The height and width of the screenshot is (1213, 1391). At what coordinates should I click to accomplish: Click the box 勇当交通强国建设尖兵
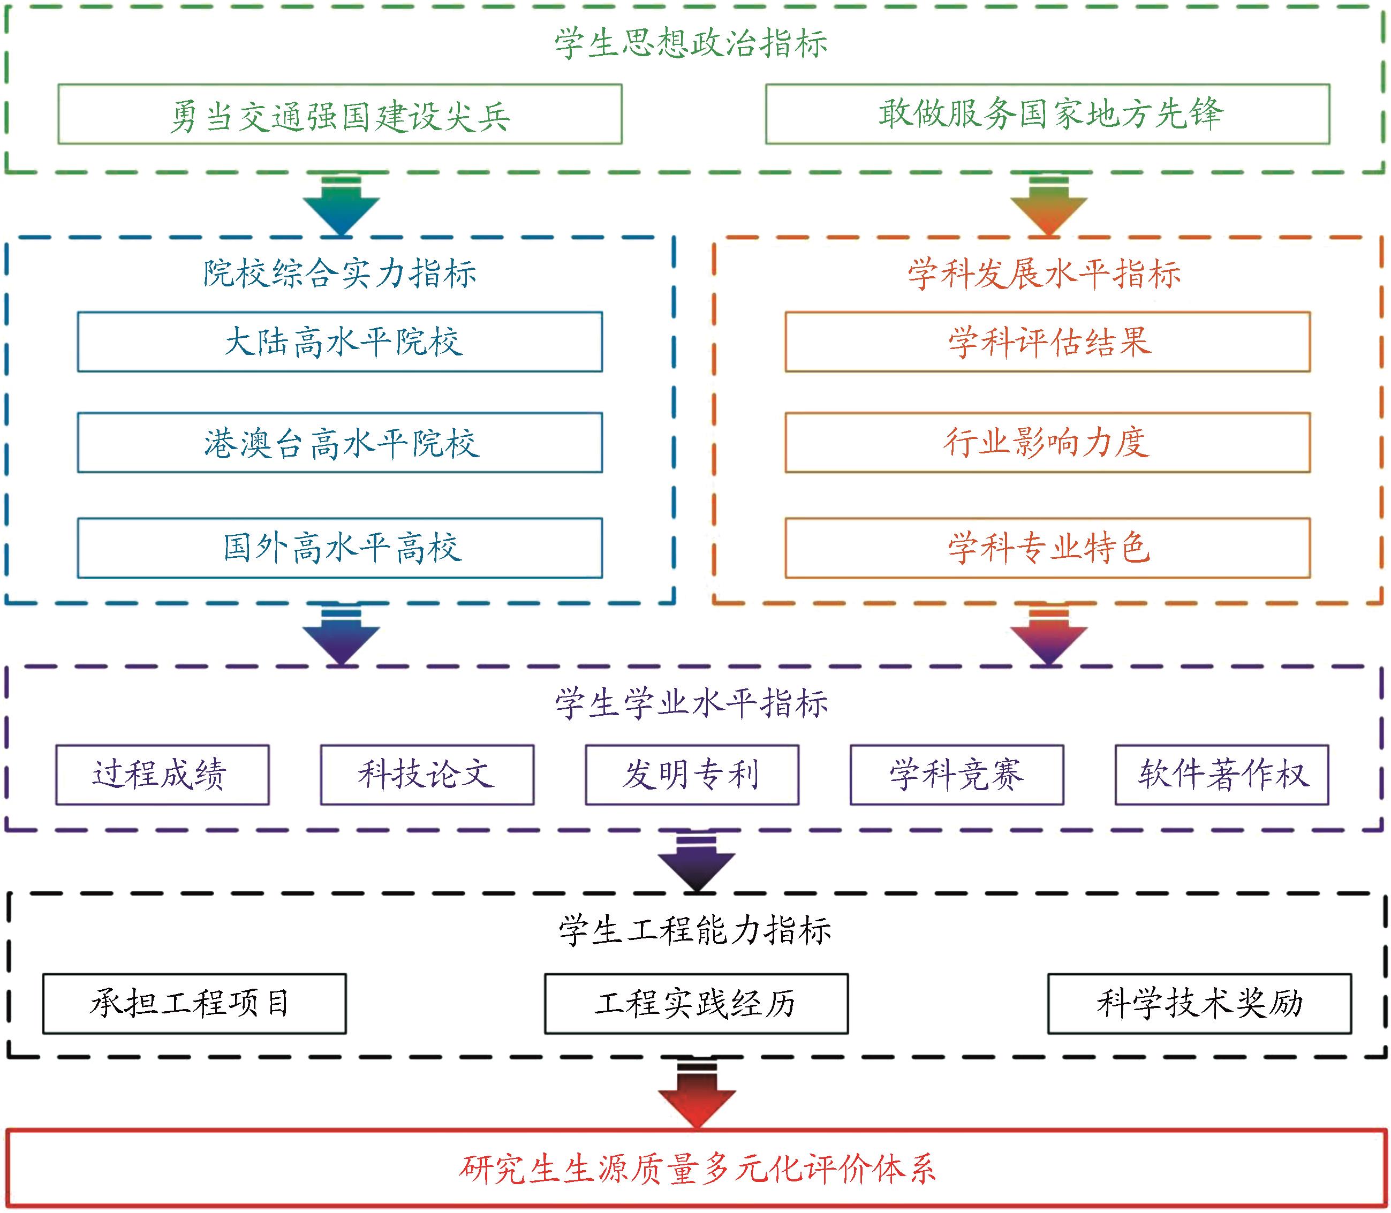(x=340, y=113)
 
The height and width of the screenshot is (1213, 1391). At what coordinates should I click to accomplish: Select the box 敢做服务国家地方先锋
(x=1047, y=113)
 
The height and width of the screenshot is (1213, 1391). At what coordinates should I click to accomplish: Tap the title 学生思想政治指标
(x=691, y=43)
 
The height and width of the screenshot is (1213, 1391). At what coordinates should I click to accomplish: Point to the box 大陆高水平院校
(x=340, y=342)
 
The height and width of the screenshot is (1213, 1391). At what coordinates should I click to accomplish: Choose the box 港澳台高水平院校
(x=340, y=443)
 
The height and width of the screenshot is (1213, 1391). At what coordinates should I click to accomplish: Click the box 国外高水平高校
(x=340, y=548)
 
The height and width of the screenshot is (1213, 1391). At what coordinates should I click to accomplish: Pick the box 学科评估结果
(x=1047, y=342)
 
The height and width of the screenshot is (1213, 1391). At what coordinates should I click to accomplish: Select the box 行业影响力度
(x=1047, y=443)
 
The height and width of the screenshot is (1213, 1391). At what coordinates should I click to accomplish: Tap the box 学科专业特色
(x=1047, y=548)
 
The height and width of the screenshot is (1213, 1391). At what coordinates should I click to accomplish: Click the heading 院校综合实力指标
(x=340, y=274)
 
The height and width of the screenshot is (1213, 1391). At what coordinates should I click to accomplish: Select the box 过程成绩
(x=162, y=775)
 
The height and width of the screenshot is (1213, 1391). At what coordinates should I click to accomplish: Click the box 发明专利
(x=692, y=775)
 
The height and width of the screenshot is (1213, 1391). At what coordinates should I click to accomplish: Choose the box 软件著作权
(x=1222, y=775)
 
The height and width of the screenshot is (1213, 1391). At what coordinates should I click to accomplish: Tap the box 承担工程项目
(x=194, y=1004)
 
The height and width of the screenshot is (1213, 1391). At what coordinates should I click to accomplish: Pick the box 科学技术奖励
(x=1199, y=1004)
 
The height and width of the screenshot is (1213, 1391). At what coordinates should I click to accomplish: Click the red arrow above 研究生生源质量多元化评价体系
(x=697, y=1093)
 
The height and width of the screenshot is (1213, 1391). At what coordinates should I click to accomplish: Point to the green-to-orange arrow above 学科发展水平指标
(x=1048, y=207)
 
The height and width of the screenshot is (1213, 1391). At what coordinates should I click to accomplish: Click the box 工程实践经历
(x=696, y=1004)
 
